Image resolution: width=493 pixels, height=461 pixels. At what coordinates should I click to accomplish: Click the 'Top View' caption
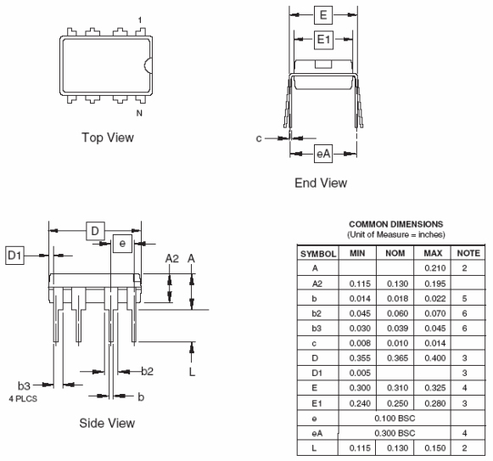tap(107, 138)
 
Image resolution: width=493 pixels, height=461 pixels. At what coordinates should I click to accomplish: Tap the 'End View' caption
tap(320, 183)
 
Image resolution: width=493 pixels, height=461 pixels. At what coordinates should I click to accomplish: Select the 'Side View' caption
tap(107, 422)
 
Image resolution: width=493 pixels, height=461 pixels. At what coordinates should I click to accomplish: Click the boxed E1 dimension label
tap(323, 39)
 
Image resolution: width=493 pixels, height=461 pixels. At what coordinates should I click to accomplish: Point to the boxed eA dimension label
tap(322, 154)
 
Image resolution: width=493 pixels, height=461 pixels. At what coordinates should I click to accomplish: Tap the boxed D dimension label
tap(96, 231)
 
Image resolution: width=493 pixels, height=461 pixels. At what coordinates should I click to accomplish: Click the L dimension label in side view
tap(192, 372)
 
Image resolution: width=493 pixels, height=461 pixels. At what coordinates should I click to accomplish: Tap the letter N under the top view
tap(139, 112)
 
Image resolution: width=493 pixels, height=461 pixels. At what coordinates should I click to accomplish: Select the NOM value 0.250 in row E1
tap(394, 404)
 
